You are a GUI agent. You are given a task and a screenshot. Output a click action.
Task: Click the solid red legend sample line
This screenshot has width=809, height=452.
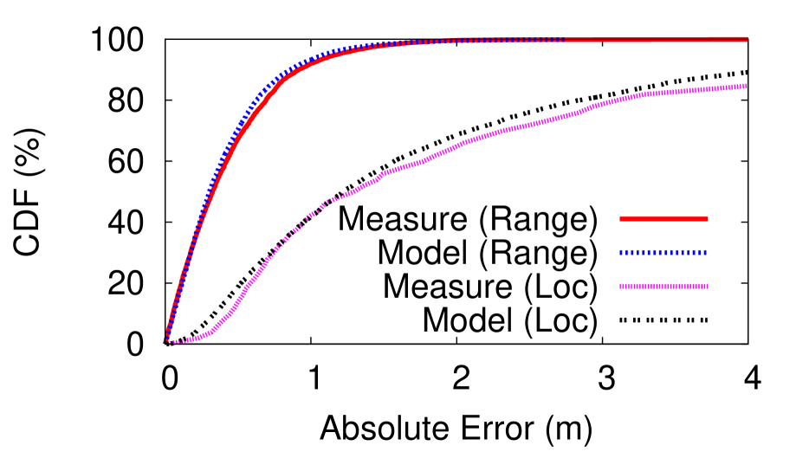coord(663,218)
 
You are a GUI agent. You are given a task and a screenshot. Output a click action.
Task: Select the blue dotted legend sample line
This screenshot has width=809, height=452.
coord(663,253)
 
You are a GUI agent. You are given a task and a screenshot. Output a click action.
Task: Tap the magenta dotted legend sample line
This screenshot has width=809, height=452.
coord(663,286)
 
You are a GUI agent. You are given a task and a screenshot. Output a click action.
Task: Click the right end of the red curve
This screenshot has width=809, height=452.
coord(747,40)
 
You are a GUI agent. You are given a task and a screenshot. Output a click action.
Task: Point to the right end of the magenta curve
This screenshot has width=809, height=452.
coord(746,87)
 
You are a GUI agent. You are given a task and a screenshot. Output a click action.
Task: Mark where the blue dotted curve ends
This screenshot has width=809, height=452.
coord(563,40)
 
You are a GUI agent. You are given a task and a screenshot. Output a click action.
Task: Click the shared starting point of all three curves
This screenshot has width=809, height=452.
coord(166,341)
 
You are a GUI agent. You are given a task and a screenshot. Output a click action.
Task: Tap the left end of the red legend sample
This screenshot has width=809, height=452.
coord(620,218)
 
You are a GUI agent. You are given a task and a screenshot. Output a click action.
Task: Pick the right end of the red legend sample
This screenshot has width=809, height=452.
coord(708,218)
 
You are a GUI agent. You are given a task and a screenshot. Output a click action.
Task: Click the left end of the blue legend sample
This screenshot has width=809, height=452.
coord(621,253)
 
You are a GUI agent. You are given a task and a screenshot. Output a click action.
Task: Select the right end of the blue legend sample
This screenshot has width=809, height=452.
coord(706,253)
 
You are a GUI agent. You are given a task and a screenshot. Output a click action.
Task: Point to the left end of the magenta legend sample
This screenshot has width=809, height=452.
coord(621,286)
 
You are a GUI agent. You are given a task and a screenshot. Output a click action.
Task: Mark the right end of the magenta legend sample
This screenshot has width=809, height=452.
coord(708,286)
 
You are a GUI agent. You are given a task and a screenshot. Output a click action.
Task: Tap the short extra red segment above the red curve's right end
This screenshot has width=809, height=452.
coord(728,37)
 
